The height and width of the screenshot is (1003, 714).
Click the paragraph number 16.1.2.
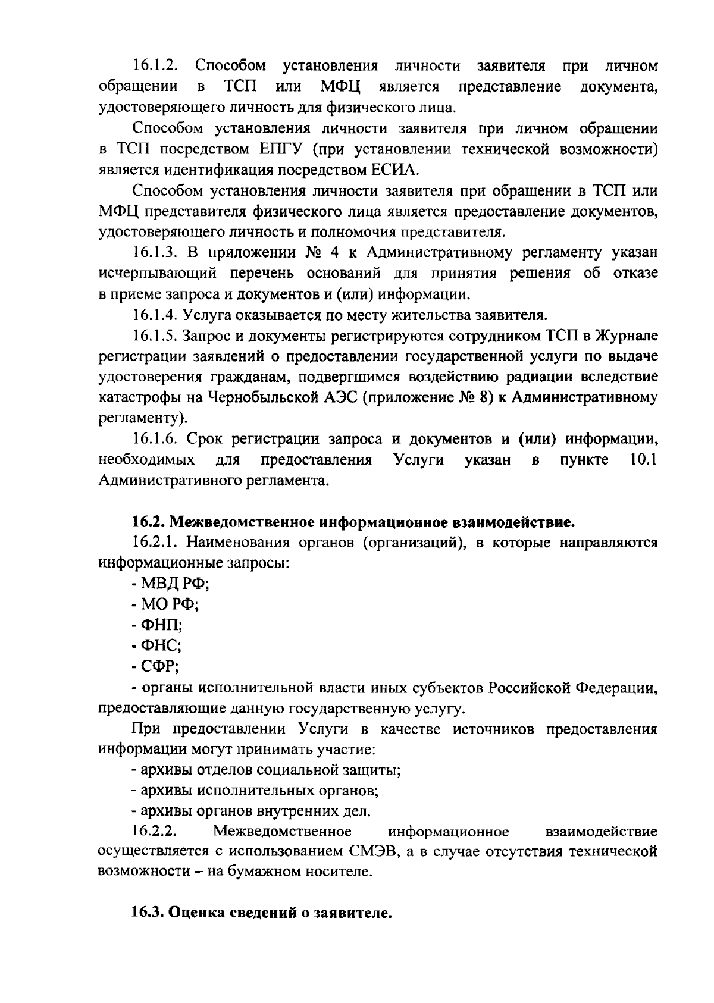(x=156, y=65)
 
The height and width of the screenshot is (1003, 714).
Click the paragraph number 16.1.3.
(x=156, y=252)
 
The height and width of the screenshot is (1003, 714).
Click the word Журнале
(x=625, y=336)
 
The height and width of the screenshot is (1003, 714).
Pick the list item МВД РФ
(x=170, y=585)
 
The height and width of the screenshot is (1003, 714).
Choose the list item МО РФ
(x=165, y=605)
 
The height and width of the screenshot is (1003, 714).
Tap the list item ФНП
(x=157, y=626)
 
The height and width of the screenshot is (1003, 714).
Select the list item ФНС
(x=157, y=646)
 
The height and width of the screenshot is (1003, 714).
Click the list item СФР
(x=156, y=667)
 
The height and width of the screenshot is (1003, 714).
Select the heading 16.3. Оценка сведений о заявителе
(x=262, y=914)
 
